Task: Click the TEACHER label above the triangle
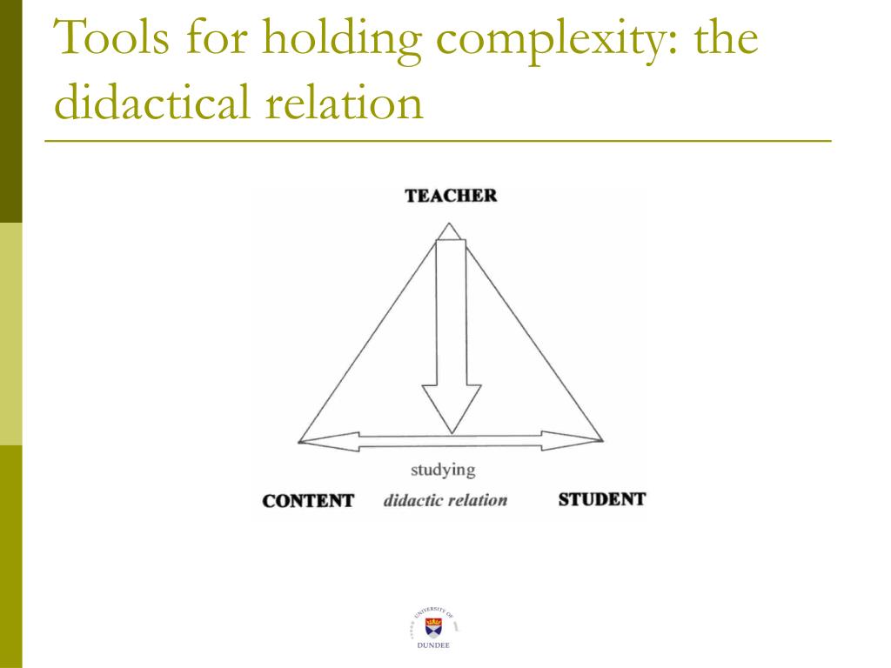point(451,196)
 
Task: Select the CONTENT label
point(308,501)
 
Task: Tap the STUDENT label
point(601,500)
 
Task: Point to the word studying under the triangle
point(443,471)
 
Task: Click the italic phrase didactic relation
point(445,501)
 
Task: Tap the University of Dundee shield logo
point(432,624)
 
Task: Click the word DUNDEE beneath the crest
point(432,646)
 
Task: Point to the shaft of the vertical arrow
point(451,313)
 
